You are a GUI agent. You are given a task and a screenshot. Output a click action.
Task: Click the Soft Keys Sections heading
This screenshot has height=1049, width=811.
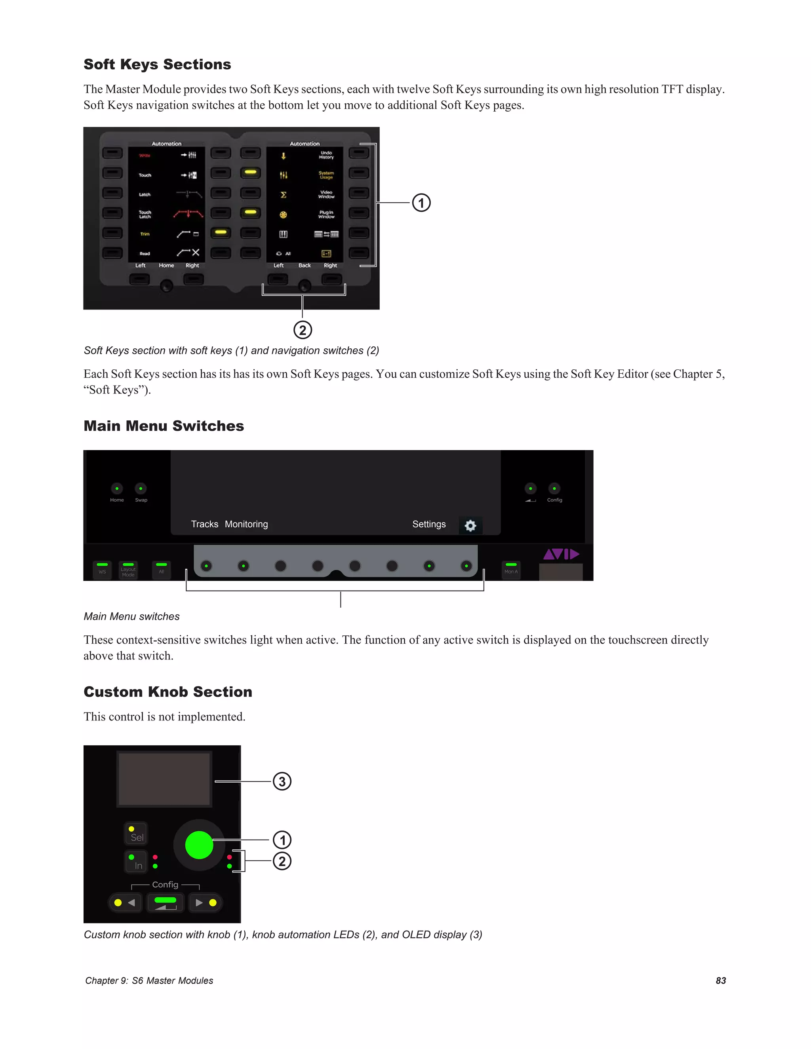pos(157,65)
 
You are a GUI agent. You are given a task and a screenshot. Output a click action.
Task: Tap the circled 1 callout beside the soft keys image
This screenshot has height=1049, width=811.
pos(421,203)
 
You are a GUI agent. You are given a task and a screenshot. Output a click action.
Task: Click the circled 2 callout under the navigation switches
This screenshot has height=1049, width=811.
pos(303,330)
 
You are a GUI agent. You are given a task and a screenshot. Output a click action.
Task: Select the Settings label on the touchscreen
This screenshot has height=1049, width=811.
pos(428,524)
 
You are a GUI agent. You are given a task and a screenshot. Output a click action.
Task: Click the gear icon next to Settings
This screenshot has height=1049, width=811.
pos(470,525)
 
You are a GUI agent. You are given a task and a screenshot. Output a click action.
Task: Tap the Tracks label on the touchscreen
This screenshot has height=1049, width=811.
pos(204,524)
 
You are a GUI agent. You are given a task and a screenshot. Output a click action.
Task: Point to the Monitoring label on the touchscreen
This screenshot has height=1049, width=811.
pos(246,524)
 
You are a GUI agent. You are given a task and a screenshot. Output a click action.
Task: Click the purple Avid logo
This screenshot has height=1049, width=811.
pos(561,554)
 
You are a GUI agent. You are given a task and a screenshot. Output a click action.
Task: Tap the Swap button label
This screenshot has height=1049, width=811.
pos(141,500)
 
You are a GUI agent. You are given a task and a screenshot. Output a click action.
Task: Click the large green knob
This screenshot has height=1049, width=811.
pos(199,845)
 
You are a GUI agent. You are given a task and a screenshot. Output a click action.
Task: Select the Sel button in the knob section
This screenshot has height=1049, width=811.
pos(136,834)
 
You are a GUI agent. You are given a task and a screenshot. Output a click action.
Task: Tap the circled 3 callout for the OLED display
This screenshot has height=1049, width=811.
pos(282,781)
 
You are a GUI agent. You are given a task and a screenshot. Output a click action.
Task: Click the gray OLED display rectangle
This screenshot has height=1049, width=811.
pos(164,779)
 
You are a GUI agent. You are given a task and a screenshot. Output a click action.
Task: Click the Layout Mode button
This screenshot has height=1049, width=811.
pos(128,570)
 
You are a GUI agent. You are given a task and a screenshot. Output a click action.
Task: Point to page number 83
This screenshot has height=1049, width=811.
pos(720,980)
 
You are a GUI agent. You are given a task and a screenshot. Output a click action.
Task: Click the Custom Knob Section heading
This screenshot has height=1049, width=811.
pos(168,692)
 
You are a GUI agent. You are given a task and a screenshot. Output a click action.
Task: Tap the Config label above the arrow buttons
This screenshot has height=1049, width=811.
pos(165,884)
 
